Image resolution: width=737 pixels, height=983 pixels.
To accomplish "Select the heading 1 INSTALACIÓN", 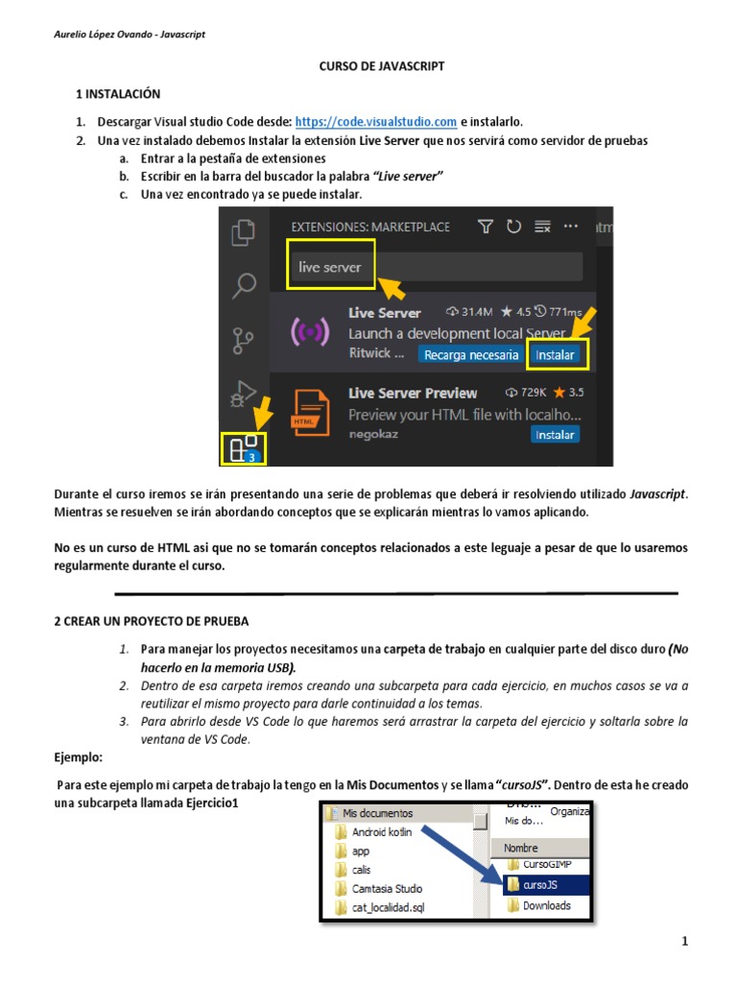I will click(x=118, y=94).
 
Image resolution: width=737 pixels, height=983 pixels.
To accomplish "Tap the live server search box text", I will click(x=330, y=268).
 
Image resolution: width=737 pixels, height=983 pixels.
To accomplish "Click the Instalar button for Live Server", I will click(x=556, y=354).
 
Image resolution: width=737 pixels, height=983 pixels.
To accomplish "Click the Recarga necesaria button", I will click(x=470, y=354).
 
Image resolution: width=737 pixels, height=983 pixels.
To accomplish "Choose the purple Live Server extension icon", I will click(x=310, y=332).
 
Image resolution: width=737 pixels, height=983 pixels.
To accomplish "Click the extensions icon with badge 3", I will click(x=242, y=448).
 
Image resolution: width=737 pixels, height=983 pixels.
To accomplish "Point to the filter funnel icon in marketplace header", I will click(x=486, y=227).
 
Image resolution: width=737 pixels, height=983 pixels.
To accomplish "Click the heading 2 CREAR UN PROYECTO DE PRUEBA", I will click(x=151, y=621).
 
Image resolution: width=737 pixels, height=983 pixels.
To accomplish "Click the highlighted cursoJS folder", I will click(x=539, y=885).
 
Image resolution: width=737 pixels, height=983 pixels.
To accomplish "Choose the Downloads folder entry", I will click(x=546, y=905).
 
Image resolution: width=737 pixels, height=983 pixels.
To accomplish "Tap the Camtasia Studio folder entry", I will click(x=386, y=889).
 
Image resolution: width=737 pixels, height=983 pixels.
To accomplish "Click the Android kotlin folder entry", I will click(x=381, y=832).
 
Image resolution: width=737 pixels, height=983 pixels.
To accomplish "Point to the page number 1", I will click(x=685, y=942).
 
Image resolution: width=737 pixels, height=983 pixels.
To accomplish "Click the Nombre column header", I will click(x=521, y=849).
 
